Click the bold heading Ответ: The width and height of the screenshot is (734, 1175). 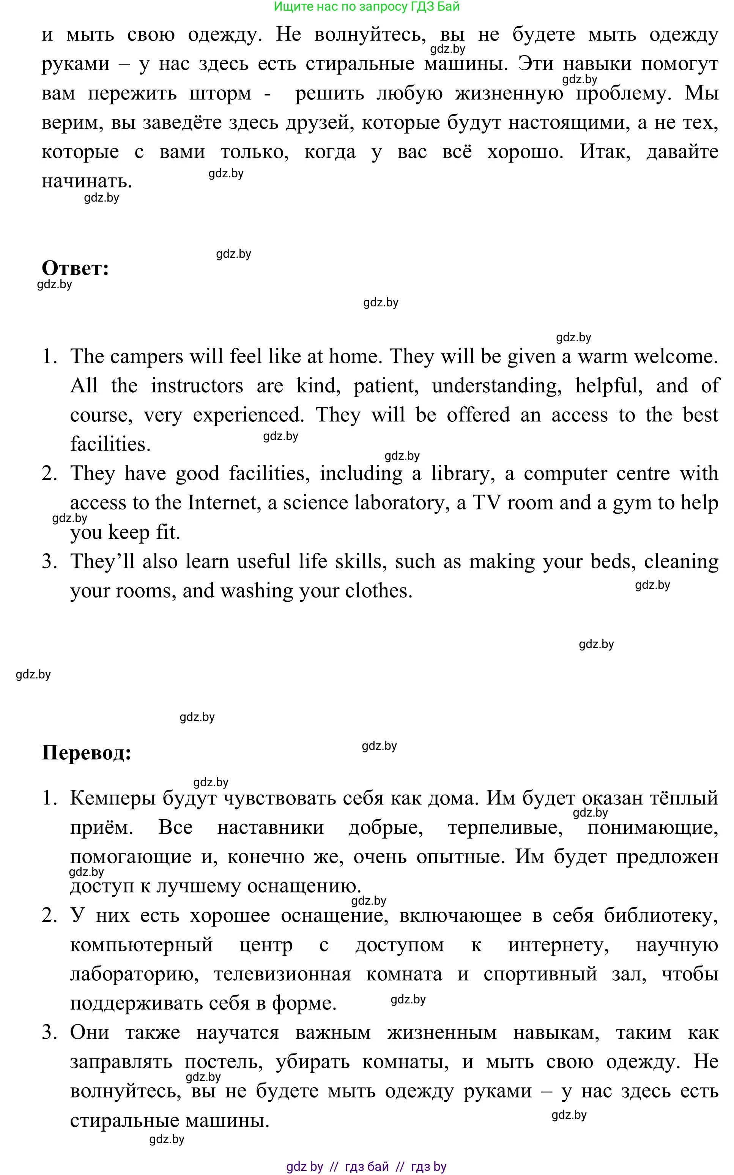coord(75,268)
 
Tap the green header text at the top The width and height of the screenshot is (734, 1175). coord(367,7)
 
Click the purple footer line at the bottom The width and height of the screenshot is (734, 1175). coord(367,1166)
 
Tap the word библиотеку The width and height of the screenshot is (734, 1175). coord(661,915)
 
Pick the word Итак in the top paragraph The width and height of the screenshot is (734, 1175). coord(605,152)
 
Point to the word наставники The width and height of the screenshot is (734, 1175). coord(270,827)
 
